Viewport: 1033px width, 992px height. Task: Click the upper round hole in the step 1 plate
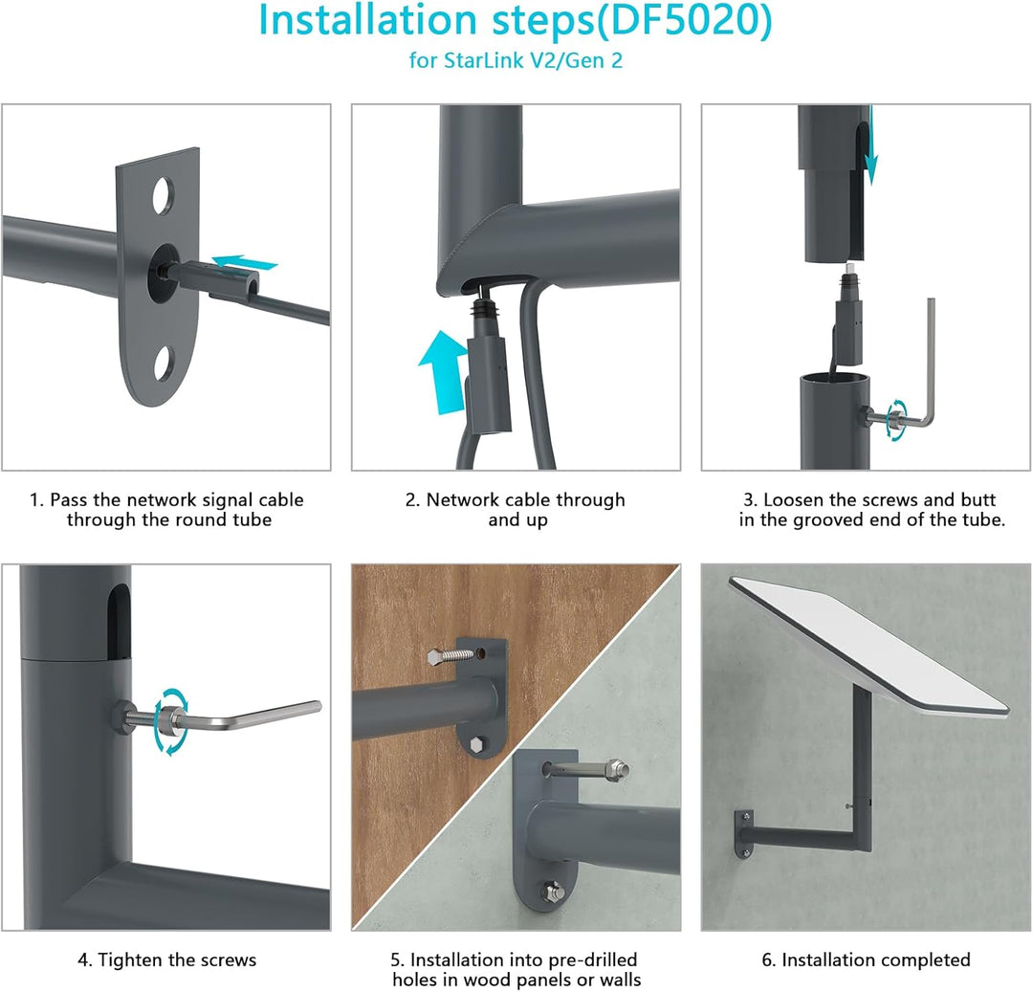163,195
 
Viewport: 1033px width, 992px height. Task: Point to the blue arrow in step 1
245,263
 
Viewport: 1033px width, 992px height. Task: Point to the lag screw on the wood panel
451,656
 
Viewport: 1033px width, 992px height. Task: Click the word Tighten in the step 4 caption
129,960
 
